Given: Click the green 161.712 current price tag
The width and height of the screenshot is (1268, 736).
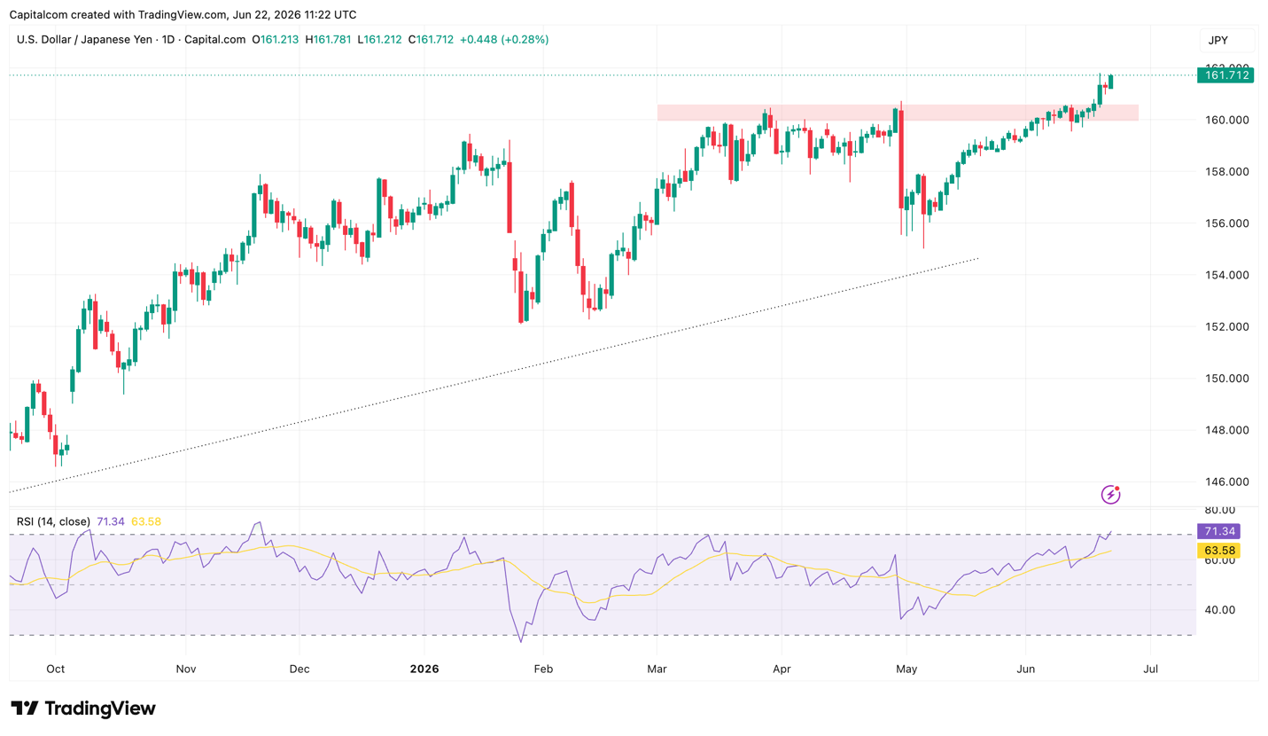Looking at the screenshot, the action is click(1225, 74).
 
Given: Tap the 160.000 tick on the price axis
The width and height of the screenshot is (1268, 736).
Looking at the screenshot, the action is click(1226, 120).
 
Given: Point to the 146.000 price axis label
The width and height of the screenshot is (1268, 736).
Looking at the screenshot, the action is click(1226, 482).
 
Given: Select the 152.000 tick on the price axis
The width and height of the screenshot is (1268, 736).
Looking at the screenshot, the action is click(1226, 327).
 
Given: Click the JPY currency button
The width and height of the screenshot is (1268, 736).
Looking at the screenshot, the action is click(1218, 40).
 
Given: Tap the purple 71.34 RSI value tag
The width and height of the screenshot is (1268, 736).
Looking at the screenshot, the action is click(1218, 531).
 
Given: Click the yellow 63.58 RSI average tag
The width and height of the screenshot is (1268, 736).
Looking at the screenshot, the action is click(1218, 551).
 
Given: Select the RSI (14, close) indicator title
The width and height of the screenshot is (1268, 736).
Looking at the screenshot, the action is click(53, 521).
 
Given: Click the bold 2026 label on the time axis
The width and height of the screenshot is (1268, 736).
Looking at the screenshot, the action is click(424, 669).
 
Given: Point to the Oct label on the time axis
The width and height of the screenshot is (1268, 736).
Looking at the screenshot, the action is click(56, 669).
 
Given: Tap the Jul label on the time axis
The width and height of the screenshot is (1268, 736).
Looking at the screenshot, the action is click(1150, 669).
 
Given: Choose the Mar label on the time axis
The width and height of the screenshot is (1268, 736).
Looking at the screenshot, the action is click(657, 669).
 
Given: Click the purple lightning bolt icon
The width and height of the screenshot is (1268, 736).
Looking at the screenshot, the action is click(1110, 495).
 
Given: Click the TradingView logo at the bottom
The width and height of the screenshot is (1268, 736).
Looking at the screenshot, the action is click(83, 709).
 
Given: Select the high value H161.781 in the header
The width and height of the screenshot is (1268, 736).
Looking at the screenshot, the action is click(328, 40).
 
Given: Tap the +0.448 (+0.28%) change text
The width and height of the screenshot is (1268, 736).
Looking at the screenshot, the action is click(504, 40).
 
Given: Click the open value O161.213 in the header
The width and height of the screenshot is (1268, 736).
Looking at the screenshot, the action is click(275, 40).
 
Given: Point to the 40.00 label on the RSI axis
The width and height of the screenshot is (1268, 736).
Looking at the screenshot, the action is click(1220, 610).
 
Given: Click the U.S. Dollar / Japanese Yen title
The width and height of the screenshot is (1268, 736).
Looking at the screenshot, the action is click(84, 40).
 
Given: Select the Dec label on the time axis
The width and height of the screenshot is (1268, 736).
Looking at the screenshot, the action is click(299, 669).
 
